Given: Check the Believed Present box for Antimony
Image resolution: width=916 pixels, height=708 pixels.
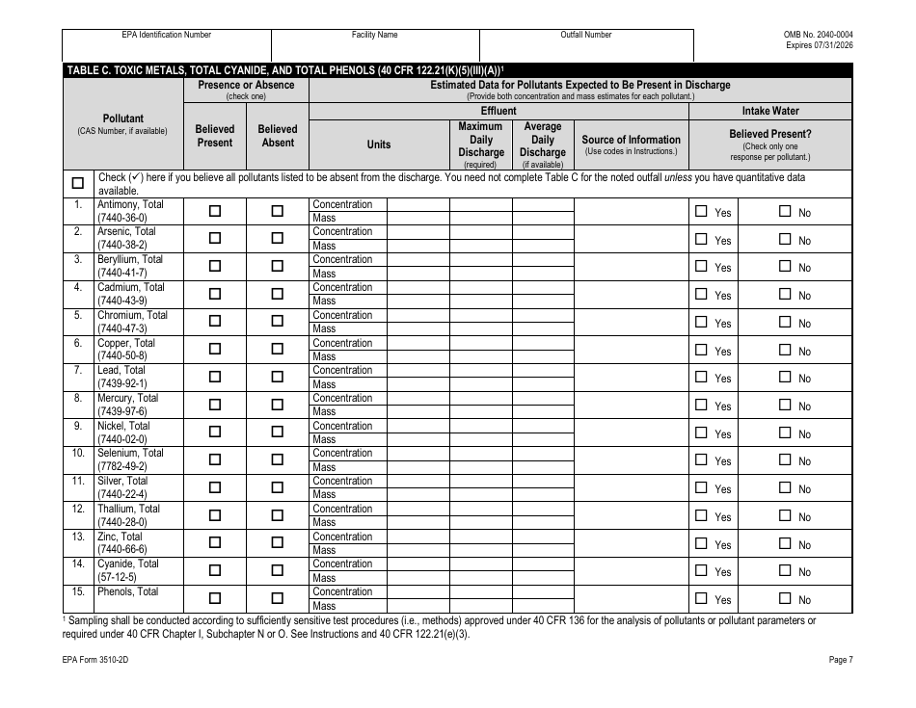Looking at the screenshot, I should click(x=215, y=211).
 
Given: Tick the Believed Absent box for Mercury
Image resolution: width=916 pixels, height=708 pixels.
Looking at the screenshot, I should click(x=278, y=405).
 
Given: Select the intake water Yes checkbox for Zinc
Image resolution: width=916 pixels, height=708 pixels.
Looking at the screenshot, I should click(x=701, y=543).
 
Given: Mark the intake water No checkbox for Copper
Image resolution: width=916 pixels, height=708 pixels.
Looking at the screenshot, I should click(x=785, y=350).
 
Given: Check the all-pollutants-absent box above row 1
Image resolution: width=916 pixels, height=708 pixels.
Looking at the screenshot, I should click(x=77, y=183).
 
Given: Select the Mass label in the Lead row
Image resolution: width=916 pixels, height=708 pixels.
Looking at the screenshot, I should click(x=324, y=384).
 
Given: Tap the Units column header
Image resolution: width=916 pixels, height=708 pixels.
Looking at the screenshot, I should click(x=379, y=144).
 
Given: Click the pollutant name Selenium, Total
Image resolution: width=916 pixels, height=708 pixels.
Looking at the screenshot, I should click(x=130, y=453).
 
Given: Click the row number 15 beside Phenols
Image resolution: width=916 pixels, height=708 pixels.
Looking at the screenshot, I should click(x=78, y=591).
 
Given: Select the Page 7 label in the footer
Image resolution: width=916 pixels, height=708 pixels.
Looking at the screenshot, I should click(x=840, y=660).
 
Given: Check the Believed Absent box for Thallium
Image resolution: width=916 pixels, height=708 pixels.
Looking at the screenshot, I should click(x=278, y=515).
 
